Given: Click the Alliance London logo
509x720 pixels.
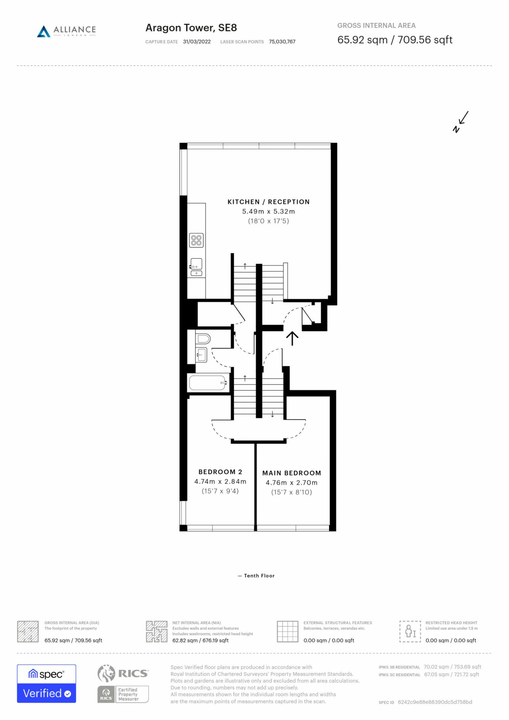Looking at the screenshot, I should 66,31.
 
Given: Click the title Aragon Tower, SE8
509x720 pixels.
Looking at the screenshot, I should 191,28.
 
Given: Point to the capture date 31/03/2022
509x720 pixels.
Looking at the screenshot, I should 197,42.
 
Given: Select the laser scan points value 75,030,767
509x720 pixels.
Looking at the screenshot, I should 282,42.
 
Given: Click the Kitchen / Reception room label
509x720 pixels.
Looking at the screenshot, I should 269,202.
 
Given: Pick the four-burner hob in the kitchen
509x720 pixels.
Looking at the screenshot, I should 196,240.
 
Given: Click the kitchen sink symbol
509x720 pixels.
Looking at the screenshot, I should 196,267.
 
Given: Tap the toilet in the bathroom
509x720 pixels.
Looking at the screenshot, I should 203,339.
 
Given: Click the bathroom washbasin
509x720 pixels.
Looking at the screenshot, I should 201,354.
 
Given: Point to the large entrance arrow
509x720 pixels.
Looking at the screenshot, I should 292,338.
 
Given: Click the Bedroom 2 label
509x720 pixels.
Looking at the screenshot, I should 220,472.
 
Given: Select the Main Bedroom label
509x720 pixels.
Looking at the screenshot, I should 291,473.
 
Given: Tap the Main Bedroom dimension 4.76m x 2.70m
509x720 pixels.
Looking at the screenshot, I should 291,483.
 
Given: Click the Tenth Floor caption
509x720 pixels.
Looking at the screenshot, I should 256,576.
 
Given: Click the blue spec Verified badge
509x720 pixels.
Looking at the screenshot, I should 46,684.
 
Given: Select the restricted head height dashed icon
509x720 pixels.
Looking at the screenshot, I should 410,631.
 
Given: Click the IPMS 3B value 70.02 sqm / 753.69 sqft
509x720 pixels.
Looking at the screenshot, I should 452,667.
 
